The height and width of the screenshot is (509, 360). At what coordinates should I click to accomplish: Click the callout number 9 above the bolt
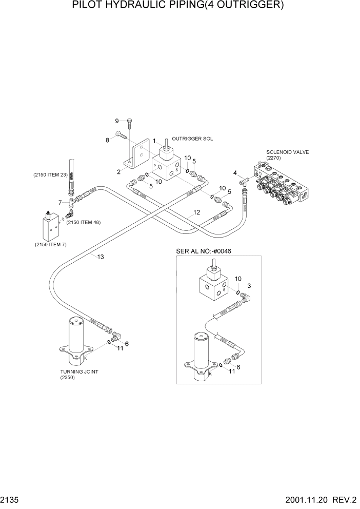[116, 121]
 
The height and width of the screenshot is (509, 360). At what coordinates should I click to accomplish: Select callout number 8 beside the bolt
[108, 140]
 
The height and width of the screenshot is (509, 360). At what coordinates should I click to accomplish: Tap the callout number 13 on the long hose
[101, 257]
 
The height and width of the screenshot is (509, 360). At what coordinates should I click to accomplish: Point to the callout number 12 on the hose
[196, 212]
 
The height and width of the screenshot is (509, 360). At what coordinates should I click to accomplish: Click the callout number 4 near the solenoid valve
[235, 173]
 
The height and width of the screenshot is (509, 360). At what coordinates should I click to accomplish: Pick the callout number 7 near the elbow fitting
[60, 203]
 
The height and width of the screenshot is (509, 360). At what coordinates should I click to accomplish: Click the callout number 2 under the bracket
[118, 171]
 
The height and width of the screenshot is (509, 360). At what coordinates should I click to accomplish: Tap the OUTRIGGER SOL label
[192, 139]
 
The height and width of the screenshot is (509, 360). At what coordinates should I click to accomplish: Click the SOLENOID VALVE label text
[287, 152]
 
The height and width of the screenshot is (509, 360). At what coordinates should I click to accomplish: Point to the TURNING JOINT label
[79, 372]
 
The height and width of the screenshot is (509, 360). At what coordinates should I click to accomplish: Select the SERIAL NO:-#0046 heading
[202, 251]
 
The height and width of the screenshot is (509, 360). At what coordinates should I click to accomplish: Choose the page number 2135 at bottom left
[10, 500]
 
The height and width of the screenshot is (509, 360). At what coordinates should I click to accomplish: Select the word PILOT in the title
[90, 7]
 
